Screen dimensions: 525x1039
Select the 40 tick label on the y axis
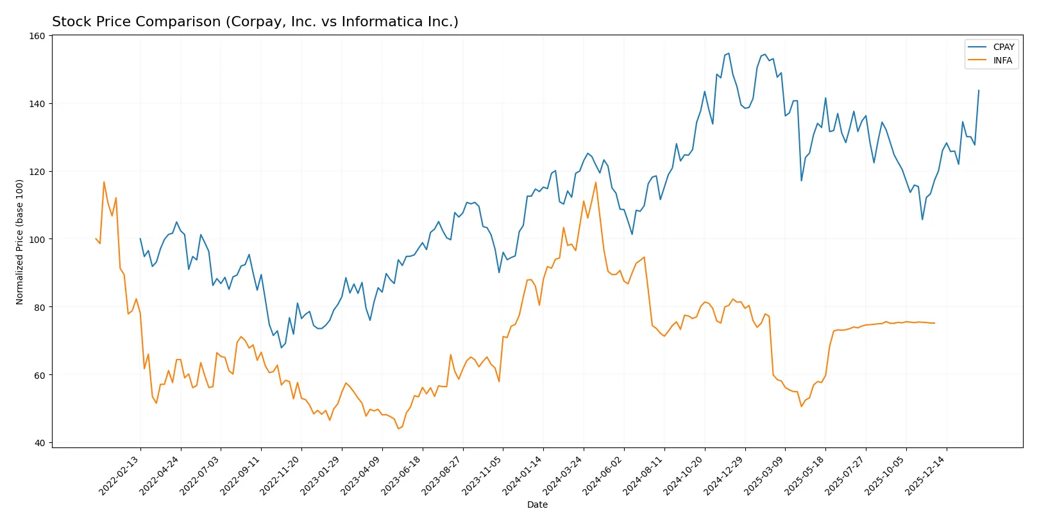pos(40,443)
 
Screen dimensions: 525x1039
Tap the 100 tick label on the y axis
pos(37,240)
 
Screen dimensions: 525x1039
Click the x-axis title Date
pos(537,504)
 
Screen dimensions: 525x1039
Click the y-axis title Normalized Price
pos(20,242)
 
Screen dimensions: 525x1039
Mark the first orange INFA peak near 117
pos(104,182)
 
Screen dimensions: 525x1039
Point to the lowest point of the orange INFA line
pos(398,429)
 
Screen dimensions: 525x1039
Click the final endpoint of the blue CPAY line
pos(979,90)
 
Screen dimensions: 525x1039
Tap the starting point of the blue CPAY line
pos(140,239)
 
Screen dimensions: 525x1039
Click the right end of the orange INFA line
pos(934,323)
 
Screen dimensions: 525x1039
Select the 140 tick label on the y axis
pos(37,104)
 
